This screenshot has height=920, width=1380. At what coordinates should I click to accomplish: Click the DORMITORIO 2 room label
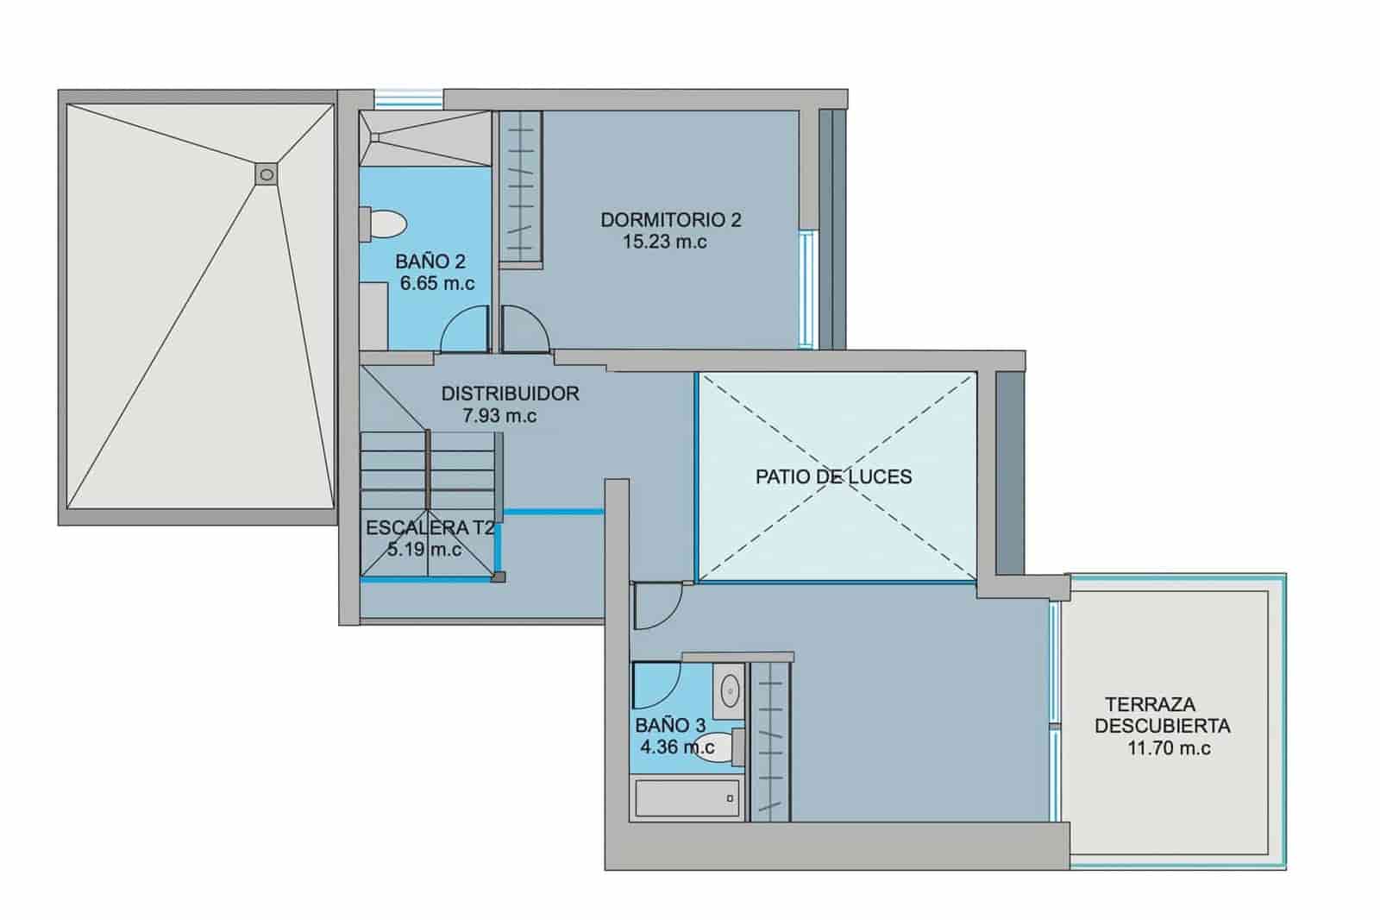pyautogui.click(x=670, y=219)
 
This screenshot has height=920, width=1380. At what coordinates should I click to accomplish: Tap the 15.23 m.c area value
pyautogui.click(x=664, y=242)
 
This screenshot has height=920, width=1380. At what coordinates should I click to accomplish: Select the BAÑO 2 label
pyautogui.click(x=430, y=261)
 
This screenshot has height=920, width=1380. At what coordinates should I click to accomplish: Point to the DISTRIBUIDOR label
pyautogui.click(x=510, y=394)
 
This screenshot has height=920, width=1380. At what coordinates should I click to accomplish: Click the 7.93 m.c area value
pyautogui.click(x=499, y=416)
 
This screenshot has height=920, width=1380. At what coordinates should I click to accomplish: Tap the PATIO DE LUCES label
pyautogui.click(x=833, y=476)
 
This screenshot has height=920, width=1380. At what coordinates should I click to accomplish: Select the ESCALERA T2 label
pyautogui.click(x=430, y=528)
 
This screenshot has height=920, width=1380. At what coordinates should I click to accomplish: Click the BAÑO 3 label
pyautogui.click(x=670, y=725)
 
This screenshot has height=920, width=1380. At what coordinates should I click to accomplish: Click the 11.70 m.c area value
pyautogui.click(x=1169, y=748)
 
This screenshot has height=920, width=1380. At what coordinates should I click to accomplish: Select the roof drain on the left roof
pyautogui.click(x=267, y=174)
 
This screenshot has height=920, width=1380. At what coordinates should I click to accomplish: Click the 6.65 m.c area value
pyautogui.click(x=437, y=283)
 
